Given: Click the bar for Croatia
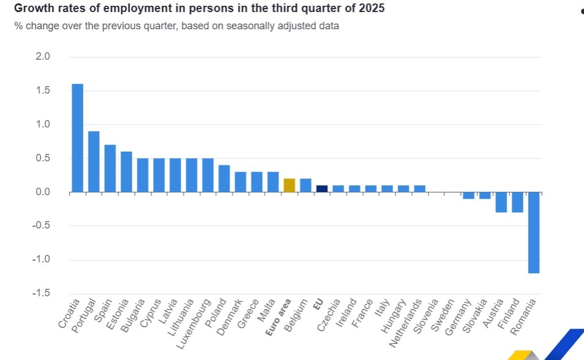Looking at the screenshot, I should tap(77, 138).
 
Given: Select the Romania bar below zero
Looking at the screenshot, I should tap(534, 233).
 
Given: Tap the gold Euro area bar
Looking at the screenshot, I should tap(289, 185).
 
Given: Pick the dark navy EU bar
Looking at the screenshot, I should tap(322, 189).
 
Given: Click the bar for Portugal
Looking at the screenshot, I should tap(94, 162).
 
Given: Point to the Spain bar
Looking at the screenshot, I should tap(110, 168).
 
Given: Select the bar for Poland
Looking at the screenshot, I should tap(224, 179).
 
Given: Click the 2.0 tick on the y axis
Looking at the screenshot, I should tap(43, 57).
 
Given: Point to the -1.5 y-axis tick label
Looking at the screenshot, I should tap(41, 293).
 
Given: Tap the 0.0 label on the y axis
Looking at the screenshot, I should tap(43, 192).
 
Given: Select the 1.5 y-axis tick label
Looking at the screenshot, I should tap(43, 91).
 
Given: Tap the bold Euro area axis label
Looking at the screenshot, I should tap(280, 316).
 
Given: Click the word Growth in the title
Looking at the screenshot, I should tap(32, 9).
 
